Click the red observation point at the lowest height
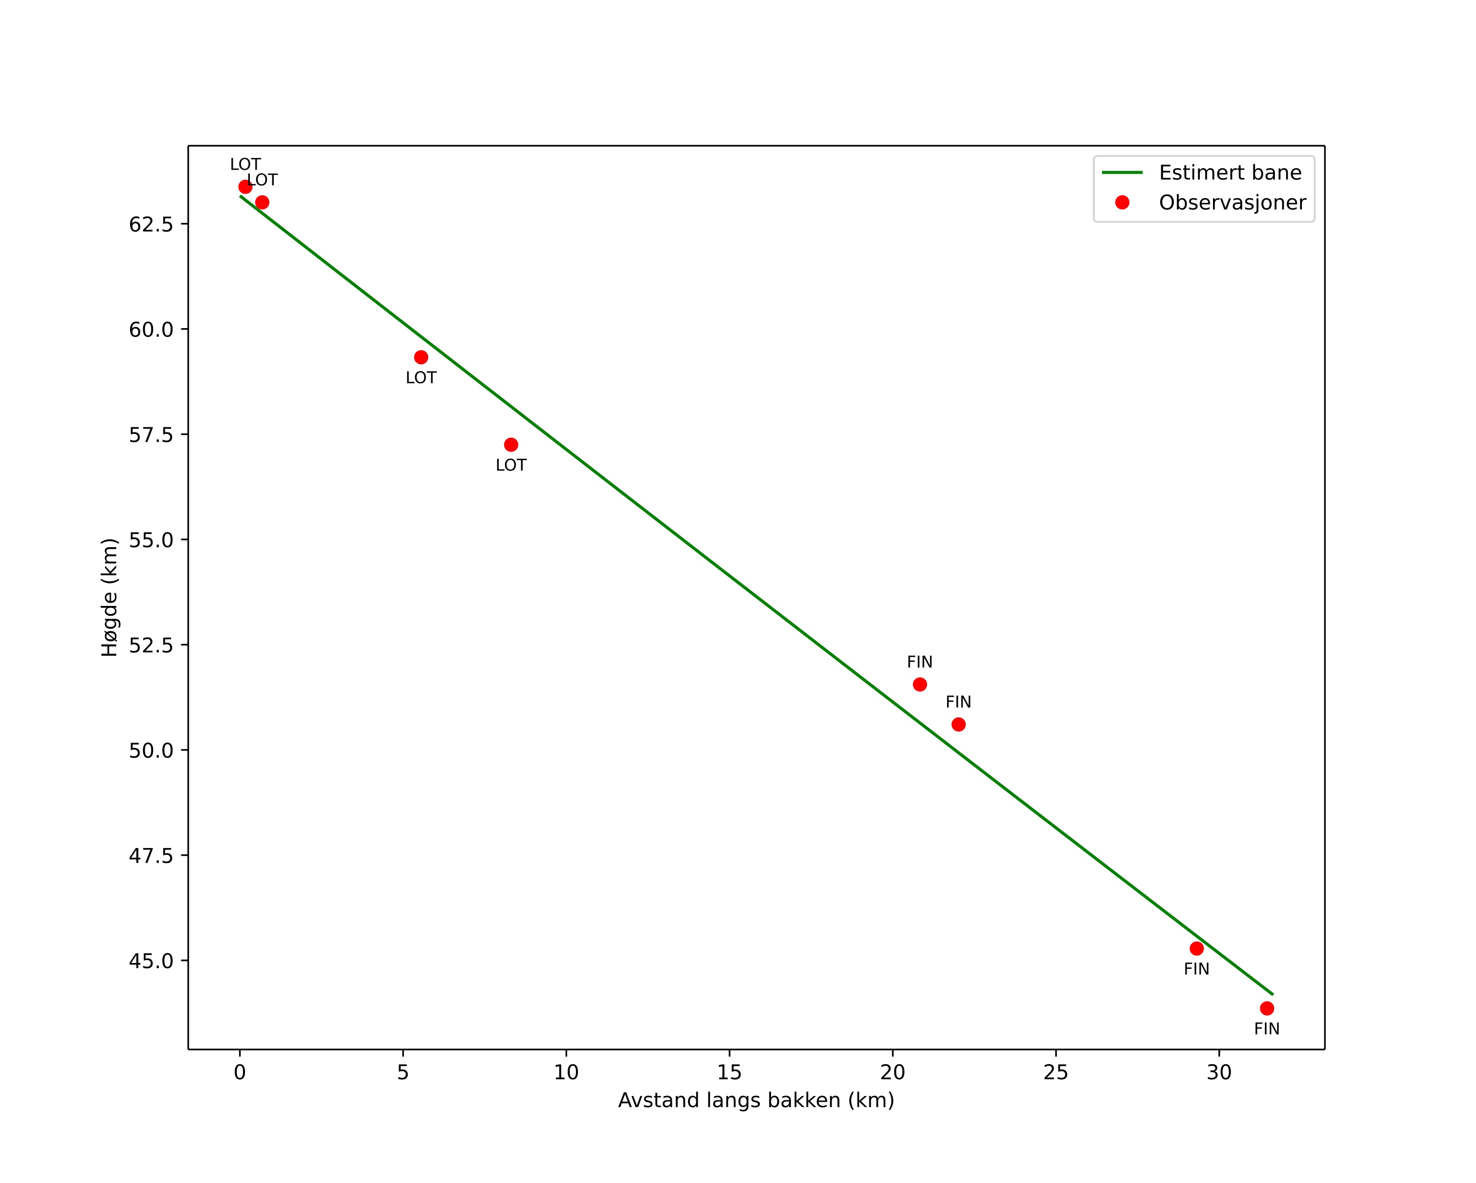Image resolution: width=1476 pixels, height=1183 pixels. coord(1267,1008)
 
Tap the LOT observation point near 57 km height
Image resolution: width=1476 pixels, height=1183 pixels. coord(511,445)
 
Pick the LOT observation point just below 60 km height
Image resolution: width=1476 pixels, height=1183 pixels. coord(421,357)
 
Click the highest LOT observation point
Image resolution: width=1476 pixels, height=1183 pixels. coord(245,187)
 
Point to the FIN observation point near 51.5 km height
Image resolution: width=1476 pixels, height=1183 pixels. coord(920,685)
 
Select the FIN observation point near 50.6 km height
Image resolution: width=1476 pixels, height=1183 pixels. coord(958,724)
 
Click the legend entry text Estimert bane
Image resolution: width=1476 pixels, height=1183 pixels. coord(1230,173)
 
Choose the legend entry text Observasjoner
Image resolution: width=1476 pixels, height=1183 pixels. coord(1233,202)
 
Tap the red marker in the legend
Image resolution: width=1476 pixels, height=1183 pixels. coord(1122,202)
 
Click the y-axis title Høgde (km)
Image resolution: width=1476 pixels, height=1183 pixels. coord(110,598)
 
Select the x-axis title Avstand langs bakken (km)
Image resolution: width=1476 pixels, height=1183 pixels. coord(756,1100)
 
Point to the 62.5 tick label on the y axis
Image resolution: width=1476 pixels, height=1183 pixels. coord(151,224)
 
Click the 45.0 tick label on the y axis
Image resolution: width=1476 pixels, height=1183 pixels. coord(151,961)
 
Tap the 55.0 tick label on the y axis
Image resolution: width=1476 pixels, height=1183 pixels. coord(151,540)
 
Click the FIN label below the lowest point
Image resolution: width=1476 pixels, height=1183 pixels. coord(1267,1029)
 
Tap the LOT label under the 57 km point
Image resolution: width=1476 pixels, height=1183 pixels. coord(511,466)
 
